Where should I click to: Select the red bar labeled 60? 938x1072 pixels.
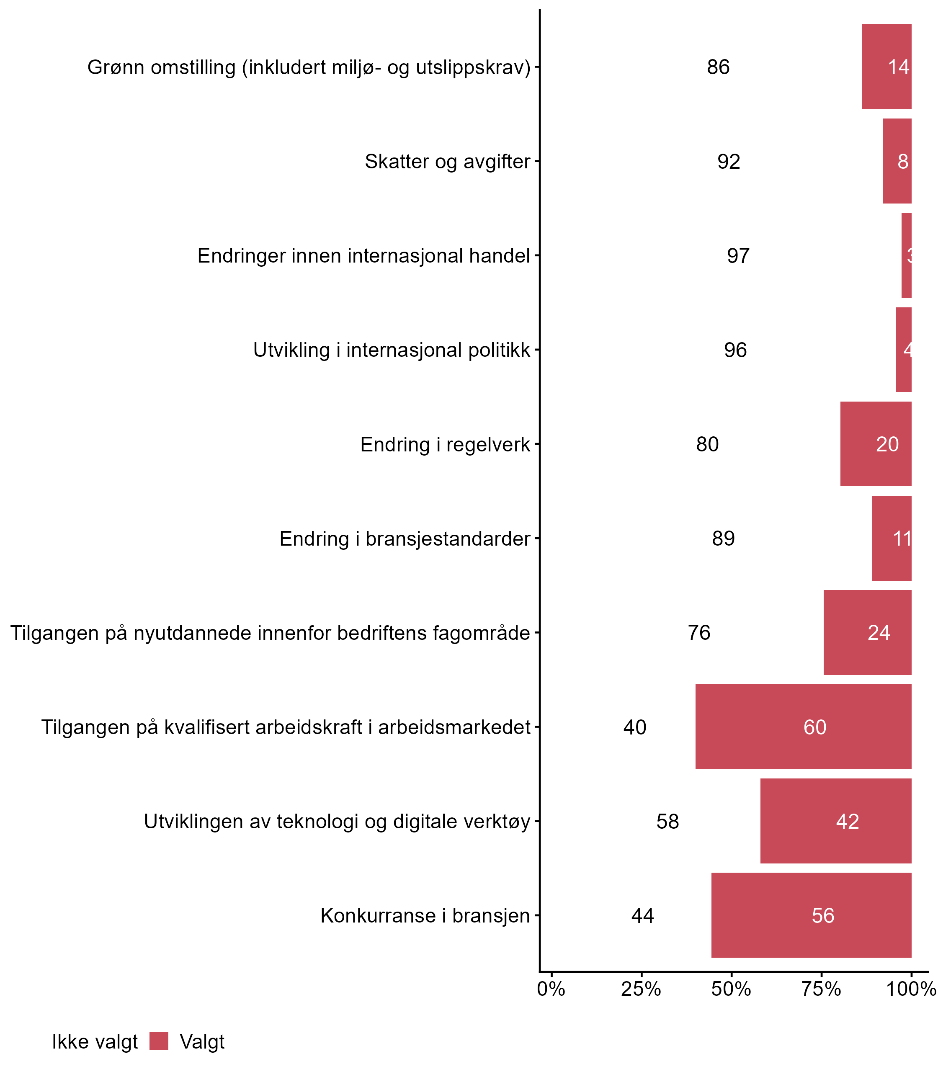803,727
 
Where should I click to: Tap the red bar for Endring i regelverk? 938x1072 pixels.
876,444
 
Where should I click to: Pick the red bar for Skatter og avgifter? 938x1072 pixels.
897,161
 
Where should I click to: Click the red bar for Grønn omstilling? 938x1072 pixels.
887,67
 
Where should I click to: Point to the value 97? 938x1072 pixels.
738,256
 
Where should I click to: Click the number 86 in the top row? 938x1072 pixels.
718,67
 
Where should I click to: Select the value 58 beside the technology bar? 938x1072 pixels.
667,821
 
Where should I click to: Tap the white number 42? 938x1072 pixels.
848,821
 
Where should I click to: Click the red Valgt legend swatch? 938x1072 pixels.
159,1041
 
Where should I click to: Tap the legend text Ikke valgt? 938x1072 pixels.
95,1042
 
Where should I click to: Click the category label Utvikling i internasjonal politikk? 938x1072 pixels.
392,350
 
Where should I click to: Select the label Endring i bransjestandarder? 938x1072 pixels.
405,539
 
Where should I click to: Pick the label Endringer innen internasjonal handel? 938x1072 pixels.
364,256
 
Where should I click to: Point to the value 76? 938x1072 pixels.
699,633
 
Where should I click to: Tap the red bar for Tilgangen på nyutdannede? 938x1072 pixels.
867,632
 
